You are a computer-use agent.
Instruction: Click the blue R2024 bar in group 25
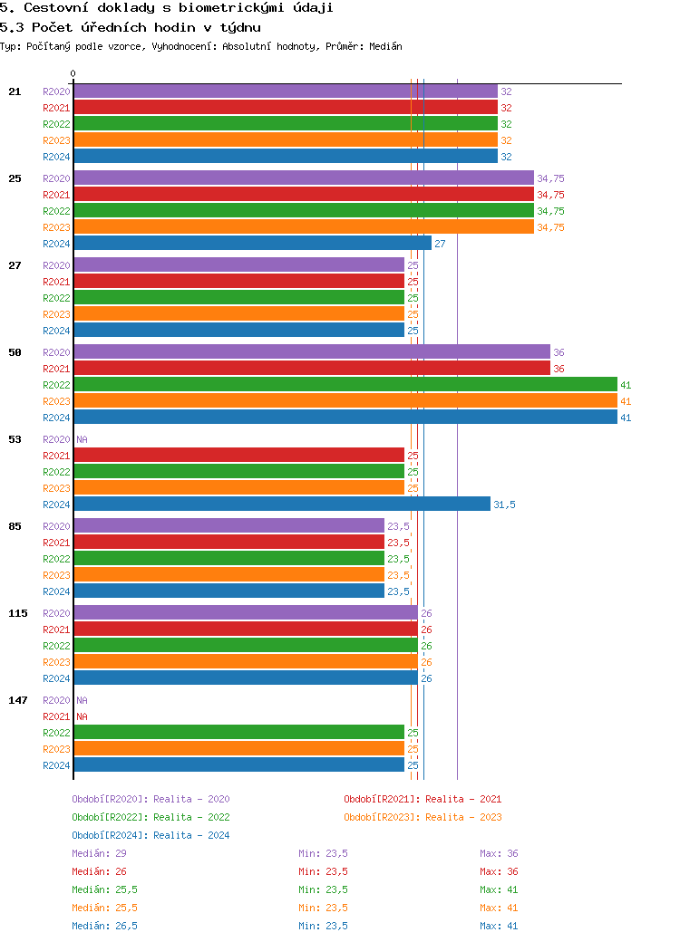click(252, 244)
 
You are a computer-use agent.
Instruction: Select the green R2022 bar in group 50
click(345, 385)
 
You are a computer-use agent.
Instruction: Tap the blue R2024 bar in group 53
click(281, 505)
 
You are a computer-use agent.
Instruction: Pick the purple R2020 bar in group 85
click(228, 526)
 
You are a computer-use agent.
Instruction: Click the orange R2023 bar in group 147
click(238, 749)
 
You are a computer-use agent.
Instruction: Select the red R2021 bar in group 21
click(286, 108)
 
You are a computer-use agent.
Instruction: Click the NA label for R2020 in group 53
click(82, 439)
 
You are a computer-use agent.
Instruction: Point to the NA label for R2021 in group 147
click(82, 716)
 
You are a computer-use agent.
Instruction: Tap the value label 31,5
click(504, 505)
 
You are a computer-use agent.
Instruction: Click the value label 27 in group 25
click(440, 244)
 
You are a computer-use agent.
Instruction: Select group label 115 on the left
click(18, 613)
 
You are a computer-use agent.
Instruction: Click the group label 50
click(15, 352)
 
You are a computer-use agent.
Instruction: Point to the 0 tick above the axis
click(73, 74)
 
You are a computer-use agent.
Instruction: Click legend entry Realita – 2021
click(423, 799)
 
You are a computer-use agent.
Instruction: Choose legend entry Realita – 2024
click(151, 835)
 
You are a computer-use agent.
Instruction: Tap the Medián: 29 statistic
click(99, 853)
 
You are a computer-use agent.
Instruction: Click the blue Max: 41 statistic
click(499, 926)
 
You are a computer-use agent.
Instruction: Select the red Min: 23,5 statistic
click(323, 871)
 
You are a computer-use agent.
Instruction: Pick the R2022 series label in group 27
click(56, 298)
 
